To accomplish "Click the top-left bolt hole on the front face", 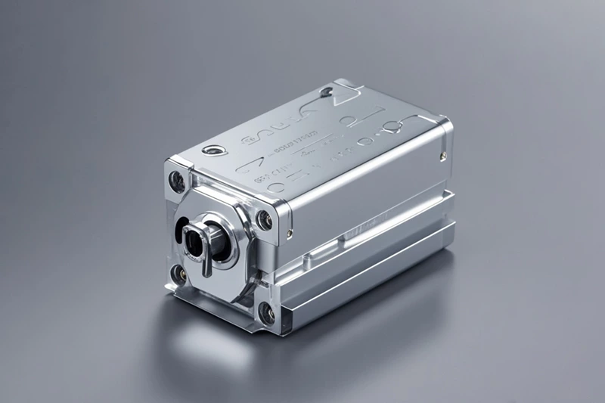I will click(177, 180).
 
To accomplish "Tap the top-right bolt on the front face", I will click(264, 220).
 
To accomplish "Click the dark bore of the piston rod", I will click(194, 240).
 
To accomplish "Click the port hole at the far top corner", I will click(326, 94).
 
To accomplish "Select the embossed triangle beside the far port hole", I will click(347, 97).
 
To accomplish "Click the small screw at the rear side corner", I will click(442, 156).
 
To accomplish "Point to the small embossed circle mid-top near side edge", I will click(362, 141).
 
